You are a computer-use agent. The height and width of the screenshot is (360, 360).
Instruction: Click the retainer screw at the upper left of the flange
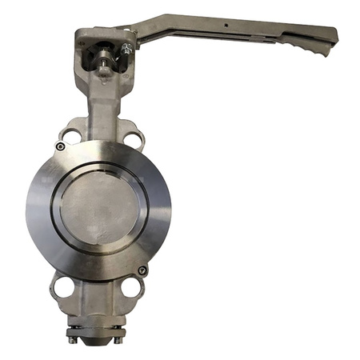(60, 146)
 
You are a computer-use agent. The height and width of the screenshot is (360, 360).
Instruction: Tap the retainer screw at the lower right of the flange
(142, 270)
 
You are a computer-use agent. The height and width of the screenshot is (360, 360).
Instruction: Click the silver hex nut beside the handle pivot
(126, 50)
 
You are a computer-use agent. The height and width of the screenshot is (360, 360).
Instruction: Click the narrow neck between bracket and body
(102, 108)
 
